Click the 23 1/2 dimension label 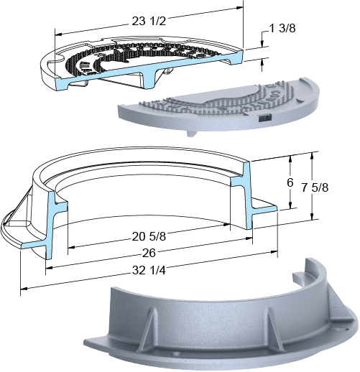tap(149, 22)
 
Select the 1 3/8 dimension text tap(282, 28)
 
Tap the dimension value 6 tap(290, 182)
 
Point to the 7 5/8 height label tap(315, 187)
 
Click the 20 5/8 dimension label tap(149, 236)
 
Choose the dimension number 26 tap(149, 253)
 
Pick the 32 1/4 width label tap(149, 271)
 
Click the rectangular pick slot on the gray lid tap(264, 118)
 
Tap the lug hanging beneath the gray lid tap(191, 134)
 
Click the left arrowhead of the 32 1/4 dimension tap(24, 289)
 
